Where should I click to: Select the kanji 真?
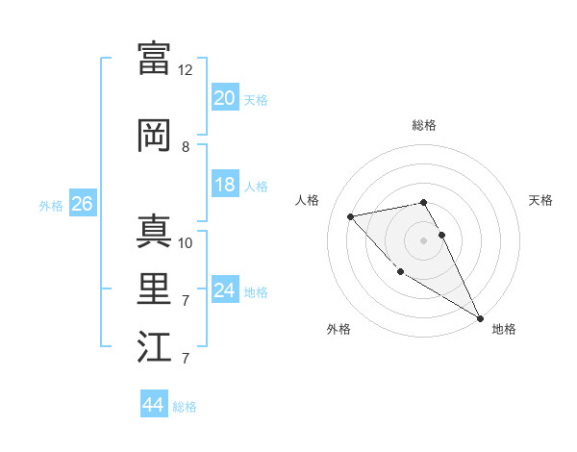tap(154, 231)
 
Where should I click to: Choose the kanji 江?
tap(154, 348)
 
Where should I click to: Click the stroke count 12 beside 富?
tap(186, 70)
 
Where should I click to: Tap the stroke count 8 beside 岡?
tap(186, 147)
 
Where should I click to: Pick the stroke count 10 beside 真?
tap(186, 242)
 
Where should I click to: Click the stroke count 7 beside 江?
tap(186, 360)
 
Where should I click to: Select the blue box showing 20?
tap(224, 98)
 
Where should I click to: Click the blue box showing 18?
tap(224, 185)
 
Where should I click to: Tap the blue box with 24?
tap(224, 290)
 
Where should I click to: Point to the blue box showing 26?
tap(82, 204)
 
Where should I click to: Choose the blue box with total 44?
tap(153, 405)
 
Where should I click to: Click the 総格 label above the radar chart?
tap(424, 125)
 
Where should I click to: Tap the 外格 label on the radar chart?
tap(339, 329)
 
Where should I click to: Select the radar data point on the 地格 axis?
tap(480, 318)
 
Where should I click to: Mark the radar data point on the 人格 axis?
tap(351, 216)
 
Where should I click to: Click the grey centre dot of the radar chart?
tap(424, 239)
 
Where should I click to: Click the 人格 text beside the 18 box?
tap(256, 187)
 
